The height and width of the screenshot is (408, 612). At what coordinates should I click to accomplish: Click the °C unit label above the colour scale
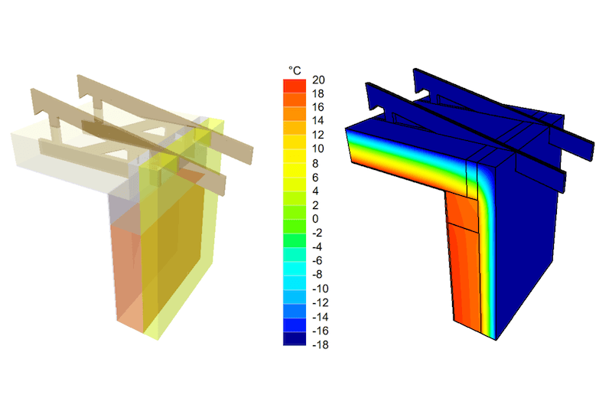click(x=295, y=70)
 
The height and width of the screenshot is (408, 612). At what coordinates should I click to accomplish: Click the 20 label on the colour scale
click(x=318, y=80)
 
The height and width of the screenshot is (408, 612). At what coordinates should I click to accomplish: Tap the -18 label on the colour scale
click(x=321, y=344)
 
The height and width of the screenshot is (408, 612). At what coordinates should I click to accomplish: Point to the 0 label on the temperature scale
click(x=315, y=219)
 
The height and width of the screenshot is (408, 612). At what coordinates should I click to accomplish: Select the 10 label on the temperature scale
click(x=318, y=149)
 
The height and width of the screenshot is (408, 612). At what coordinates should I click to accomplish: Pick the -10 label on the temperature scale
click(x=321, y=289)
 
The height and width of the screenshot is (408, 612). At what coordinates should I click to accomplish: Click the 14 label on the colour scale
click(x=318, y=121)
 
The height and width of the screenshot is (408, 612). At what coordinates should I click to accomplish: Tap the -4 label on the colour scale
click(x=317, y=247)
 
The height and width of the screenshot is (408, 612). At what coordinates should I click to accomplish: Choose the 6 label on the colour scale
click(x=315, y=178)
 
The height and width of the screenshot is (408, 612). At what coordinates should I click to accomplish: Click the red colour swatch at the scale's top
click(x=295, y=86)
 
